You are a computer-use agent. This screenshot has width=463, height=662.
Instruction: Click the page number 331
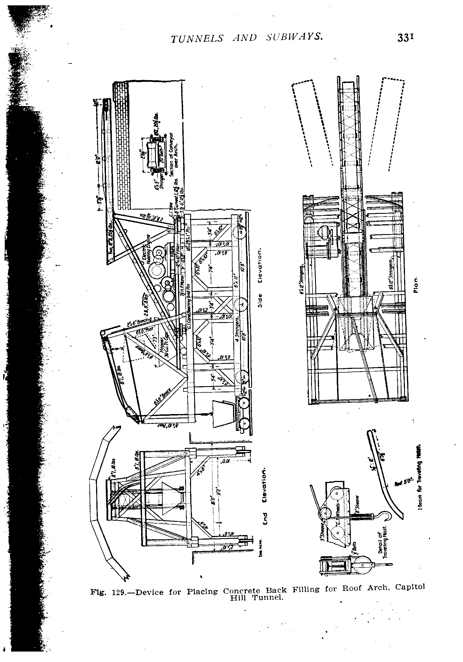406,38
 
